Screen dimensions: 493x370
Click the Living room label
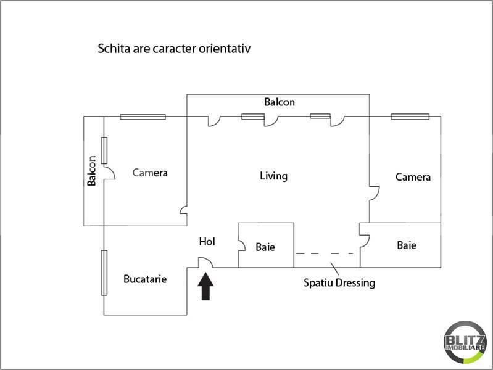pos(273,176)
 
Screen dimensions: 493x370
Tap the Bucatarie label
pos(145,279)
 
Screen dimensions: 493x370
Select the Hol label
pos(207,242)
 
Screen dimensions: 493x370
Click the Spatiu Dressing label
pos(339,283)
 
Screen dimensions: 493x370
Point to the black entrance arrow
pos(205,286)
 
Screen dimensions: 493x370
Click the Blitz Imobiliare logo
pos(465,342)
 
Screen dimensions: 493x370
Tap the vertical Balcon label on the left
pos(91,171)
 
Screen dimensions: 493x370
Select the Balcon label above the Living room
pos(280,102)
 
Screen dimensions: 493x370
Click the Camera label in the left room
pos(150,173)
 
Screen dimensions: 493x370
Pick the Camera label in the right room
pos(413,177)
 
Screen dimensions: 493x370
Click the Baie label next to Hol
pos(265,247)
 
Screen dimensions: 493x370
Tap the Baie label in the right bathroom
pos(407,245)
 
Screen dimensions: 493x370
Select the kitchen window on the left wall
pos(104,273)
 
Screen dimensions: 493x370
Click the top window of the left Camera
pos(143,117)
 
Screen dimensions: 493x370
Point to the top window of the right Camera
pos(410,117)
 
